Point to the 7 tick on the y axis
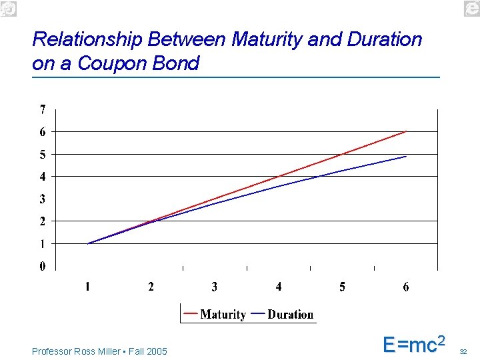point(43,109)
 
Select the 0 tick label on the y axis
point(43,266)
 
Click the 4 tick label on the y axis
point(43,177)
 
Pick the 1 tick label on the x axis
point(87,287)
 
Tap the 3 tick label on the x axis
point(215,287)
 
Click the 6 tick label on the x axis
point(406,287)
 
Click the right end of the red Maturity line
point(405,132)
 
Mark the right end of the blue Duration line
point(405,157)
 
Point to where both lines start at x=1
point(88,243)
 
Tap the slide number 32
point(464,351)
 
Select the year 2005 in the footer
point(157,351)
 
